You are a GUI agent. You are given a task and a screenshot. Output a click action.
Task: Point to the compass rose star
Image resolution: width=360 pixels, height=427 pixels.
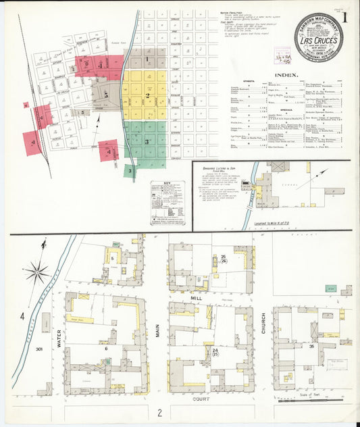coord(37,274)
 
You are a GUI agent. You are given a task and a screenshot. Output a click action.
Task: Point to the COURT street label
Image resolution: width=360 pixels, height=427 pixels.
coord(200,399)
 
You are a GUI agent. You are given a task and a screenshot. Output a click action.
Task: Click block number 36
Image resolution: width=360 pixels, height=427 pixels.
coord(312,347)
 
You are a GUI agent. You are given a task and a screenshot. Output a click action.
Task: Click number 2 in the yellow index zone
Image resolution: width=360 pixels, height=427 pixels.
coord(146,96)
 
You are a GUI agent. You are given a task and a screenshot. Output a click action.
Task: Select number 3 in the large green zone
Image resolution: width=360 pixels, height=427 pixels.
coord(146,142)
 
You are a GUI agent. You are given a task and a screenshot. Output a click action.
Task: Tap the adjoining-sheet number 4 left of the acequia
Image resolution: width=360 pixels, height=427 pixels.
coord(22,316)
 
